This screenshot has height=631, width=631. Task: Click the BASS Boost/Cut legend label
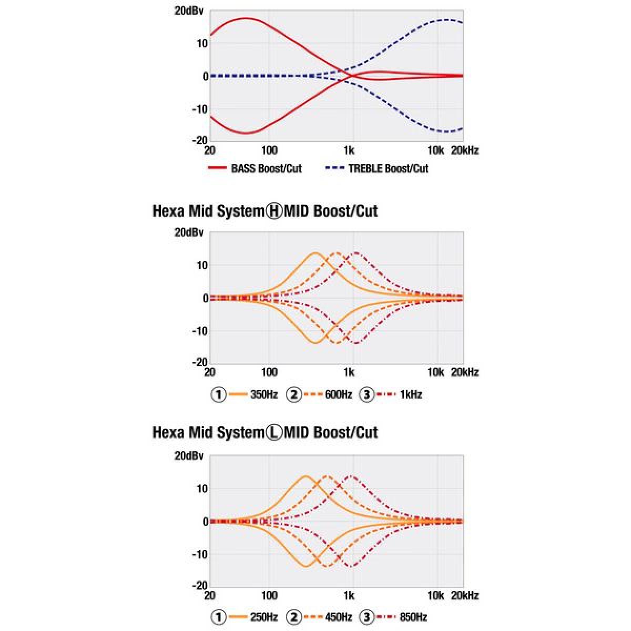click(x=266, y=169)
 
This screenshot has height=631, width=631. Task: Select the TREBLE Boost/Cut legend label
click(x=388, y=169)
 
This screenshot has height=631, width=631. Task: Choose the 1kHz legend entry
click(x=410, y=394)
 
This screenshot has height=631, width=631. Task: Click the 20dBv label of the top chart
click(x=189, y=11)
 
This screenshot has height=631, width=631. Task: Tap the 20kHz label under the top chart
click(x=465, y=151)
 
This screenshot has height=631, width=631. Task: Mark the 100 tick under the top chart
click(x=269, y=151)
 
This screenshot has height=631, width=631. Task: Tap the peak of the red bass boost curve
click(x=245, y=18)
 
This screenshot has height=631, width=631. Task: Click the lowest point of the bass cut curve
click(x=245, y=133)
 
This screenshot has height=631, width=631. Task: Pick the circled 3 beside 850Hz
click(x=367, y=617)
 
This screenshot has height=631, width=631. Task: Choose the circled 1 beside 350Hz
click(x=218, y=394)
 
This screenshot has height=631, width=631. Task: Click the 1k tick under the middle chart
click(x=349, y=373)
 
